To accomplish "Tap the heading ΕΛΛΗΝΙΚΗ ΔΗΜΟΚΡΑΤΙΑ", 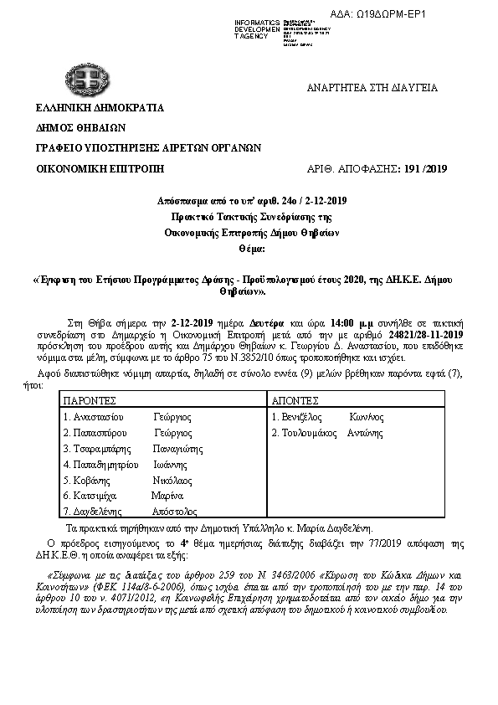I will tap(100, 108).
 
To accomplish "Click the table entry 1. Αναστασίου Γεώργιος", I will tap(127, 416).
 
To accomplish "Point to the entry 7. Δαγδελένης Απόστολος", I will tap(130, 511).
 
